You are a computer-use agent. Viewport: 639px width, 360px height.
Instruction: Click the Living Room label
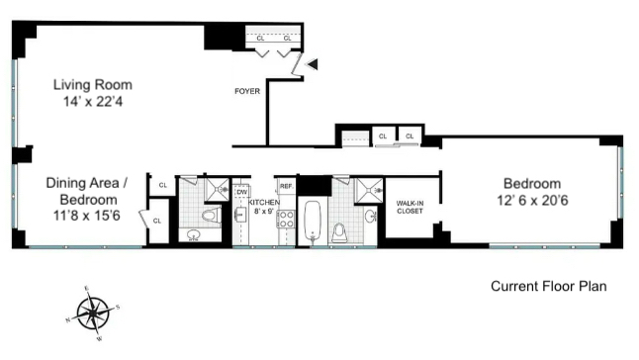point(92,85)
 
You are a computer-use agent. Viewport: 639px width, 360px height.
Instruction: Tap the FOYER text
point(247,92)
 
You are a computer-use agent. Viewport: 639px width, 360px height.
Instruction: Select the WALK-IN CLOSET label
point(410,207)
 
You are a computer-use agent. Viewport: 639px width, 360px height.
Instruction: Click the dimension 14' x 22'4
point(92,102)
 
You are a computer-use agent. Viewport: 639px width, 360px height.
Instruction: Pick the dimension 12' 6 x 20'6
point(531,201)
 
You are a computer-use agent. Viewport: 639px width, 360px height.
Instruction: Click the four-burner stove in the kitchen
point(285,220)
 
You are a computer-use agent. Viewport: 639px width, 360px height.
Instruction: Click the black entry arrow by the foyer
point(312,64)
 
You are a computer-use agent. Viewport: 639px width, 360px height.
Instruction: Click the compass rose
point(93,315)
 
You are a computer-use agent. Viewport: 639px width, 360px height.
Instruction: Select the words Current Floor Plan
point(548,287)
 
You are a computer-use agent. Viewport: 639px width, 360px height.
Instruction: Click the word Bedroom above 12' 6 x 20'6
point(531,184)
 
